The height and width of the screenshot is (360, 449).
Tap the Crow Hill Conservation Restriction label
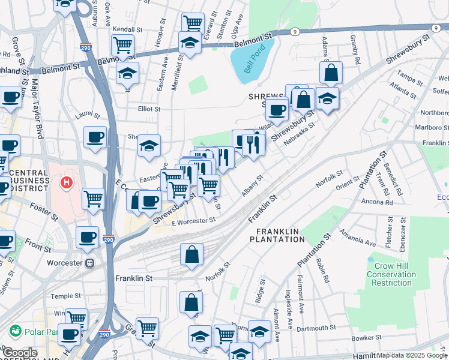coord(391,274)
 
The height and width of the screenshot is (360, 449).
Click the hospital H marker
coord(68,181)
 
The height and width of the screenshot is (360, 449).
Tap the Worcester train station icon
coord(89,263)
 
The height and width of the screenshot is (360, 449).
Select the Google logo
coord(19,353)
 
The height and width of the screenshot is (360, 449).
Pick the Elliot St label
coord(149,109)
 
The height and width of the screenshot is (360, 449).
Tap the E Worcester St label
coord(193,221)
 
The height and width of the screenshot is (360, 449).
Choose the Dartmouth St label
coord(316,328)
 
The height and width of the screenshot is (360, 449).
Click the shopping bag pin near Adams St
coord(331,73)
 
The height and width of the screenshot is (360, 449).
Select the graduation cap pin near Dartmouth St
coord(259,331)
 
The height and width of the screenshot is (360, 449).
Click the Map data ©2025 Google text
coord(412,355)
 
